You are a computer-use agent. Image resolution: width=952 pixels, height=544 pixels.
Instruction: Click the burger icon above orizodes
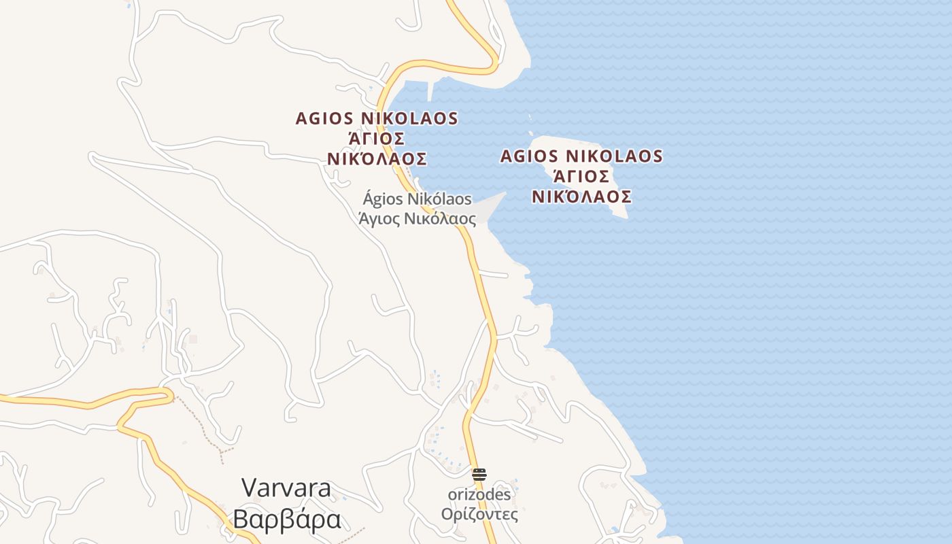click(x=479, y=474)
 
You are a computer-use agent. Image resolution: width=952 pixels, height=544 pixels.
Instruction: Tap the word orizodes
click(x=479, y=494)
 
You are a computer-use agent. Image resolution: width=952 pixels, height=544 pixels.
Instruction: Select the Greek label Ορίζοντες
click(x=479, y=514)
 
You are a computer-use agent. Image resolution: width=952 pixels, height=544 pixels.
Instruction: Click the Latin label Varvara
click(x=286, y=488)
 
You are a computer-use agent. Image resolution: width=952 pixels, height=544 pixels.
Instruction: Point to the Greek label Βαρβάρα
click(x=286, y=519)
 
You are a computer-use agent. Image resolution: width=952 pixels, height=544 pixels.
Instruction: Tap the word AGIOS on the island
click(x=528, y=156)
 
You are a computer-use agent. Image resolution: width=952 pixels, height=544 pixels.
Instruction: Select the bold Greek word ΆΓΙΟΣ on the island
click(x=581, y=177)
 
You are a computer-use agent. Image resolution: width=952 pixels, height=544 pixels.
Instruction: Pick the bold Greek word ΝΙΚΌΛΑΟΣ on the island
click(x=581, y=197)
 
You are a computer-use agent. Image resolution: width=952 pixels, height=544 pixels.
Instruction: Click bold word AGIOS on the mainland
click(x=323, y=118)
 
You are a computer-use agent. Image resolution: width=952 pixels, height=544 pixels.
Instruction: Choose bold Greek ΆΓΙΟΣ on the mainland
click(x=377, y=139)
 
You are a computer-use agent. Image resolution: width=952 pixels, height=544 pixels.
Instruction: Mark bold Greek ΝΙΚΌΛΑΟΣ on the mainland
click(x=377, y=159)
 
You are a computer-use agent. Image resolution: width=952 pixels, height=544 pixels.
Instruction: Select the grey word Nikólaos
click(x=439, y=199)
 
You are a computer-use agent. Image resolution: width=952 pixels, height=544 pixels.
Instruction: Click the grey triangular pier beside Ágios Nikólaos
click(x=490, y=207)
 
